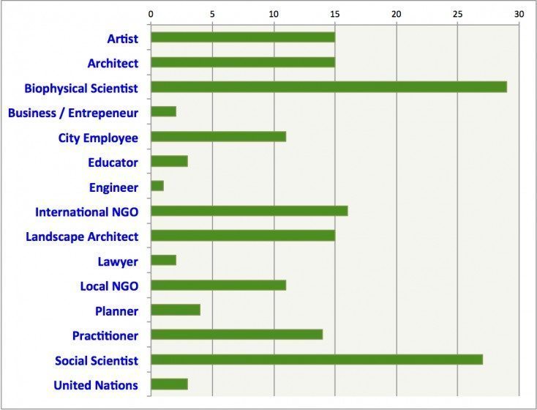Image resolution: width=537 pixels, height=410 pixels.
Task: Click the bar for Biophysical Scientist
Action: click(x=328, y=87)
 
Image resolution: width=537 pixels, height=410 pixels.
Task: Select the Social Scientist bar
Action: click(x=316, y=359)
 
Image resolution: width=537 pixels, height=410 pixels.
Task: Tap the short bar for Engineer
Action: click(x=157, y=186)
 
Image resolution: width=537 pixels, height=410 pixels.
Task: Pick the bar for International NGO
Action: click(x=249, y=211)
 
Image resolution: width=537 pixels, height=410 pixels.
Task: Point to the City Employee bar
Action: click(x=218, y=137)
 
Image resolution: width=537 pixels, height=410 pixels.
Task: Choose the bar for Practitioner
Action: click(x=236, y=335)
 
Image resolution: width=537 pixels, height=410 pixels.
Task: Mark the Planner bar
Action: click(x=176, y=310)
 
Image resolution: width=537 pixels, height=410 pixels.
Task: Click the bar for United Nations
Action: click(x=169, y=384)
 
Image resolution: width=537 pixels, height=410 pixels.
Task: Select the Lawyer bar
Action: click(x=163, y=260)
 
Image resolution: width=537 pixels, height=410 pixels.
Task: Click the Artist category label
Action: click(x=122, y=38)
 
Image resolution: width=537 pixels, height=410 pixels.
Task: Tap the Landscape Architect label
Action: click(x=82, y=236)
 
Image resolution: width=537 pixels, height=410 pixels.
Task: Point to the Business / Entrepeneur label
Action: click(x=73, y=113)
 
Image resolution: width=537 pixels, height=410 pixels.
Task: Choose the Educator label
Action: click(x=113, y=162)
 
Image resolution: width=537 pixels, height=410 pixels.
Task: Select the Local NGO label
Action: click(x=109, y=286)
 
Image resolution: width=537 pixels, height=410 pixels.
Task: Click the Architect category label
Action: click(x=113, y=63)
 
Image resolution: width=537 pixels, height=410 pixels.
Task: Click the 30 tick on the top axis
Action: click(x=519, y=14)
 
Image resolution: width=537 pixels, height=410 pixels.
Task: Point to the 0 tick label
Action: click(x=151, y=14)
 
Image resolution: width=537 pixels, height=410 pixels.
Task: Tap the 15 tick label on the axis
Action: click(x=335, y=14)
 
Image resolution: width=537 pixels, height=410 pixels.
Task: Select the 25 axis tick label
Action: click(x=457, y=14)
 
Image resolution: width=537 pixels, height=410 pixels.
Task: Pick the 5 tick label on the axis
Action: click(x=212, y=14)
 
